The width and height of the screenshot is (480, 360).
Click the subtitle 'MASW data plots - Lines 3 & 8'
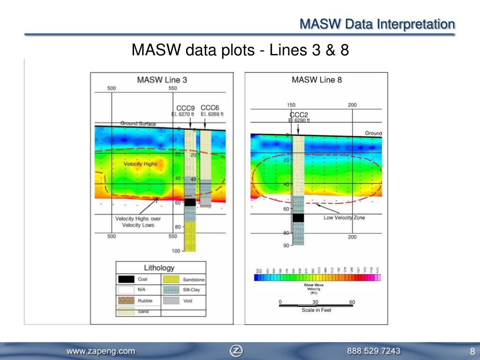240,50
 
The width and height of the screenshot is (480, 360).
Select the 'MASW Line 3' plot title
162,80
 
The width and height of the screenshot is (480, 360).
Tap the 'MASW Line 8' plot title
316,80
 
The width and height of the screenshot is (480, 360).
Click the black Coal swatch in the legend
126,279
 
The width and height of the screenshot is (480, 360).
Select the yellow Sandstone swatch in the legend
171,279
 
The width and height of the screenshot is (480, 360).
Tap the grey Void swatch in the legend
171,300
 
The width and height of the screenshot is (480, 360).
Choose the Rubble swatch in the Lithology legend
126,300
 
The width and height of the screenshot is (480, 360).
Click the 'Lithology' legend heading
159,268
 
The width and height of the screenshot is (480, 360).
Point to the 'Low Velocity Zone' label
344,217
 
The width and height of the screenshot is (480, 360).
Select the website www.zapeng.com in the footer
101,351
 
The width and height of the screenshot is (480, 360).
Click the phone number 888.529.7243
374,351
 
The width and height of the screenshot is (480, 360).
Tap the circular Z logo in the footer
236,351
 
